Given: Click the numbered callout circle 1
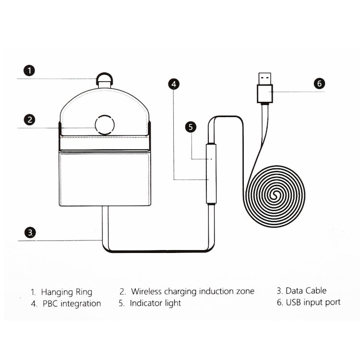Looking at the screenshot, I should [30, 71].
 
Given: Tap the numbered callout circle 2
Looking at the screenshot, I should [30, 120].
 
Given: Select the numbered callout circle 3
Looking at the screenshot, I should [30, 233].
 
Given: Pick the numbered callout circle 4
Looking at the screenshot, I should [174, 84].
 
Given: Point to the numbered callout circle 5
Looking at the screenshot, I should [191, 127].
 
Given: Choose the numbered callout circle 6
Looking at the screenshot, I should [319, 83].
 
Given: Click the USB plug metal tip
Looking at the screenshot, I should [264, 78].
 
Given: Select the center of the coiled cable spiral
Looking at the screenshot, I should [276, 195].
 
